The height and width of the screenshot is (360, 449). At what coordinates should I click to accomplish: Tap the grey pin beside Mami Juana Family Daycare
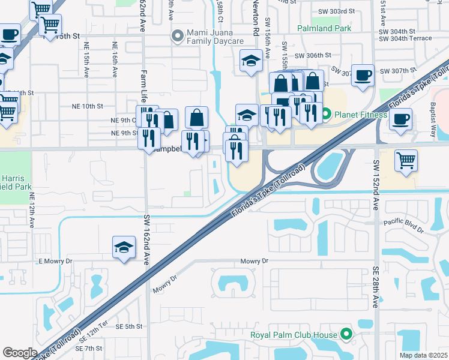coord(178,37)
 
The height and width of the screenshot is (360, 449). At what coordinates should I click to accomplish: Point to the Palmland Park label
coord(324,28)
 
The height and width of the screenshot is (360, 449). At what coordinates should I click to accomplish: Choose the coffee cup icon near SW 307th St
coord(363,76)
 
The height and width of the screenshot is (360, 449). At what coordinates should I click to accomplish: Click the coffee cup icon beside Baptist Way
coord(400,118)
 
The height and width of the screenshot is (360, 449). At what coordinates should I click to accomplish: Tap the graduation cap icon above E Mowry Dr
coord(124,247)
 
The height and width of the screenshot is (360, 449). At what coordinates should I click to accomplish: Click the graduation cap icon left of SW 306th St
coord(250,60)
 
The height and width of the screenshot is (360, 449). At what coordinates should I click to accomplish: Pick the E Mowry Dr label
coord(55,261)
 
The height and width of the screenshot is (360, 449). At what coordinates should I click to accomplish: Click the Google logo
coord(20,353)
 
